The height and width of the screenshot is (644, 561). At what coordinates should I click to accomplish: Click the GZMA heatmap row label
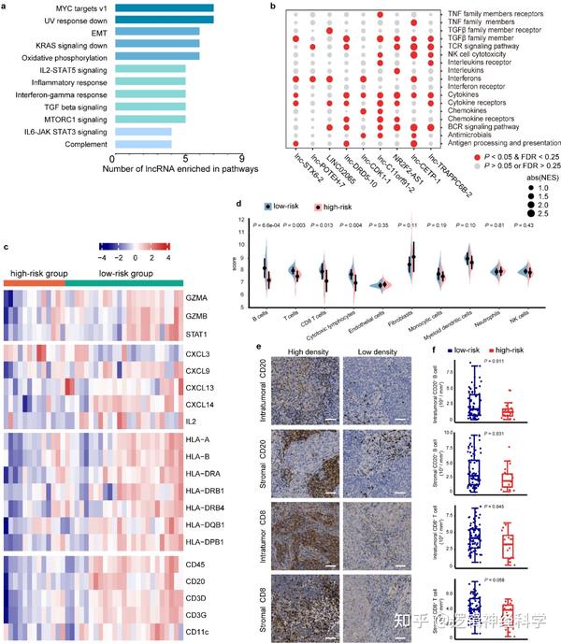(197, 296)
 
